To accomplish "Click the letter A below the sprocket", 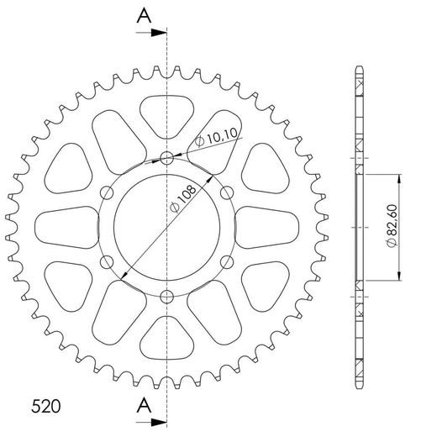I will [x=144, y=403].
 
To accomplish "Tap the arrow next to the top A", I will [x=156, y=34].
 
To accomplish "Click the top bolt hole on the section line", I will [x=167, y=157].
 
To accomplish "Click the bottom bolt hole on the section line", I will [x=167, y=295].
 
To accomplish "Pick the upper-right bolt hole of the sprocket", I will [x=227, y=192].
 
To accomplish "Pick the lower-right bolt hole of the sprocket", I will [x=227, y=261].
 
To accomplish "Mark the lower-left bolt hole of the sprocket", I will [x=107, y=262].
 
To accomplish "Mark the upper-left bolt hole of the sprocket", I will [x=107, y=192].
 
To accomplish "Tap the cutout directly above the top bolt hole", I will [x=167, y=112].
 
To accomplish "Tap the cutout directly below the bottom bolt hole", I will [x=167, y=340].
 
